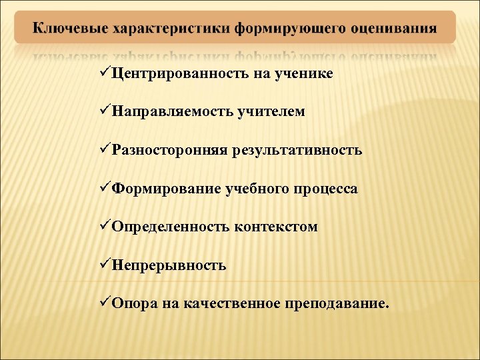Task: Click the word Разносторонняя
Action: coord(169,150)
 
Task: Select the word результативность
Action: coord(297,150)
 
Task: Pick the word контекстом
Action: coord(276,227)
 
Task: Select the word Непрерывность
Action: coord(169,265)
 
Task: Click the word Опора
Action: coord(133,304)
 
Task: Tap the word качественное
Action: coord(223,304)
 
